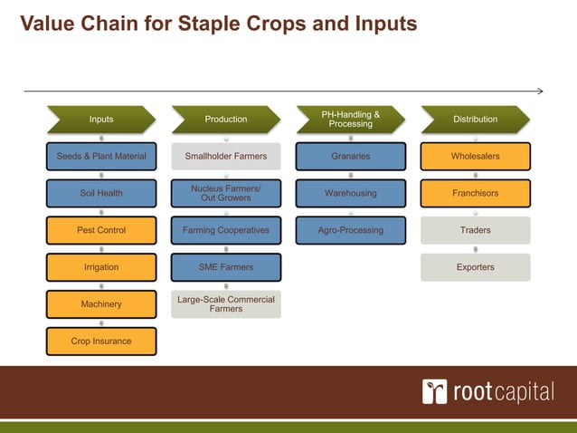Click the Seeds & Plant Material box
click(x=101, y=157)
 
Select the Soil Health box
click(x=101, y=193)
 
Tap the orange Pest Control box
click(x=101, y=230)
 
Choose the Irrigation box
click(x=101, y=267)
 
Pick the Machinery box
click(x=101, y=304)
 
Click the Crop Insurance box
click(x=101, y=342)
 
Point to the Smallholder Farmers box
click(x=226, y=157)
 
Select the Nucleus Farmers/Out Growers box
click(x=226, y=193)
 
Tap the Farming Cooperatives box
click(x=226, y=230)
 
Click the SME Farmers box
click(x=226, y=267)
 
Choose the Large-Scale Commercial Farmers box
click(x=226, y=304)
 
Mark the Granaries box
click(x=350, y=157)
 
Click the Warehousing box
click(x=350, y=193)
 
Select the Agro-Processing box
click(x=350, y=230)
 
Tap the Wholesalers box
click(x=475, y=157)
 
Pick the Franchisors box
click(x=475, y=193)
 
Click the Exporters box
click(x=475, y=267)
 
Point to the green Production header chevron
click(x=226, y=120)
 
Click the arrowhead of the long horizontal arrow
click(x=539, y=91)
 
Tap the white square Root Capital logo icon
click(x=434, y=392)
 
